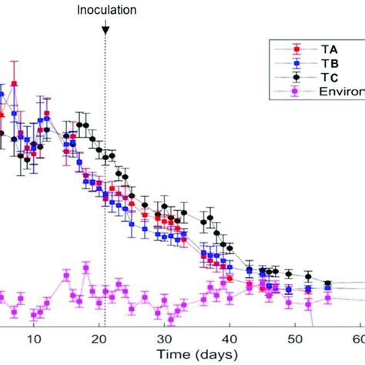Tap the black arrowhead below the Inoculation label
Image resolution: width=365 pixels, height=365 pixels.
point(105,28)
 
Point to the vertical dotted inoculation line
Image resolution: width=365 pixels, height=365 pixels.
point(105,193)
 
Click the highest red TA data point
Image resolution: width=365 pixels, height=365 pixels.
point(15,82)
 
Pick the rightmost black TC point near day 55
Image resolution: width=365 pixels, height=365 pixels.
point(327,283)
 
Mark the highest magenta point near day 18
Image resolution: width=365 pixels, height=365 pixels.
point(85,268)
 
